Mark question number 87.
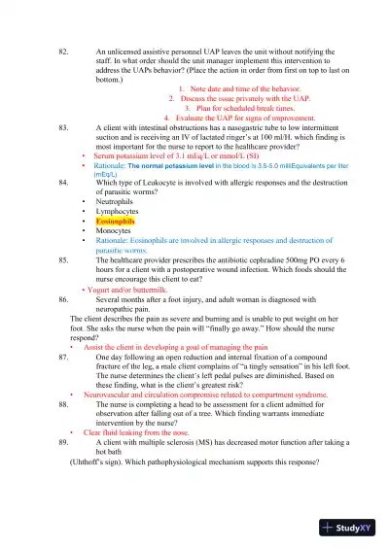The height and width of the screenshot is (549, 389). click(x=64, y=357)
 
